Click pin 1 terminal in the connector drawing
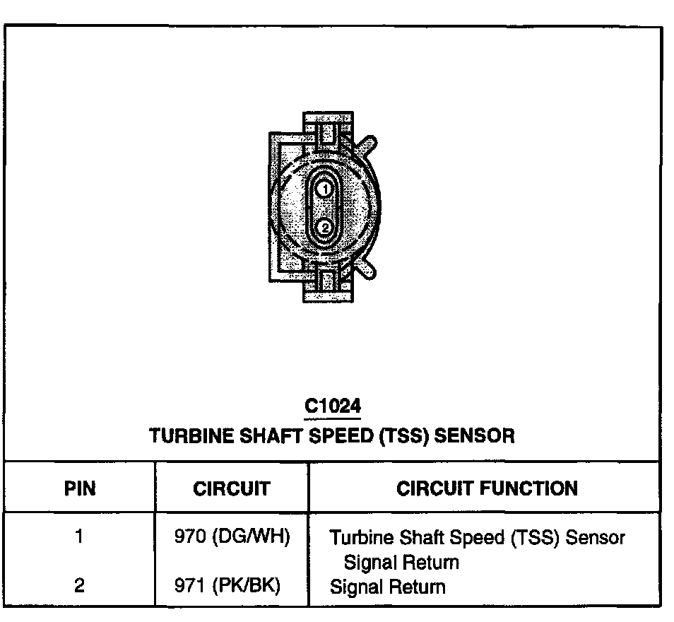tap(324, 189)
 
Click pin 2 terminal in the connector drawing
tap(324, 228)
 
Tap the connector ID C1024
tap(332, 406)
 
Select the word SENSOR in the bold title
tap(474, 435)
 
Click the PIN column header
tap(80, 488)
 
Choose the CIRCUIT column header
tap(231, 488)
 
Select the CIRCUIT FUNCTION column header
tap(487, 488)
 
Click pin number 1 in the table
tap(79, 537)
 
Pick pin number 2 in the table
tap(79, 586)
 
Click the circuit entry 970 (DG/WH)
tap(232, 537)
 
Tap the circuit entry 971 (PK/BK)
tap(227, 586)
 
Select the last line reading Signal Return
tap(388, 587)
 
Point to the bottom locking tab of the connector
tap(326, 281)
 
